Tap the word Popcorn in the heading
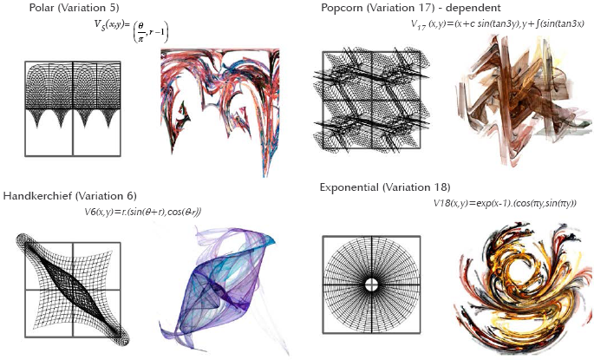coord(343,8)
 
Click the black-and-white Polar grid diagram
coord(72,106)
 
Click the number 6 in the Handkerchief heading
coord(129,195)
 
